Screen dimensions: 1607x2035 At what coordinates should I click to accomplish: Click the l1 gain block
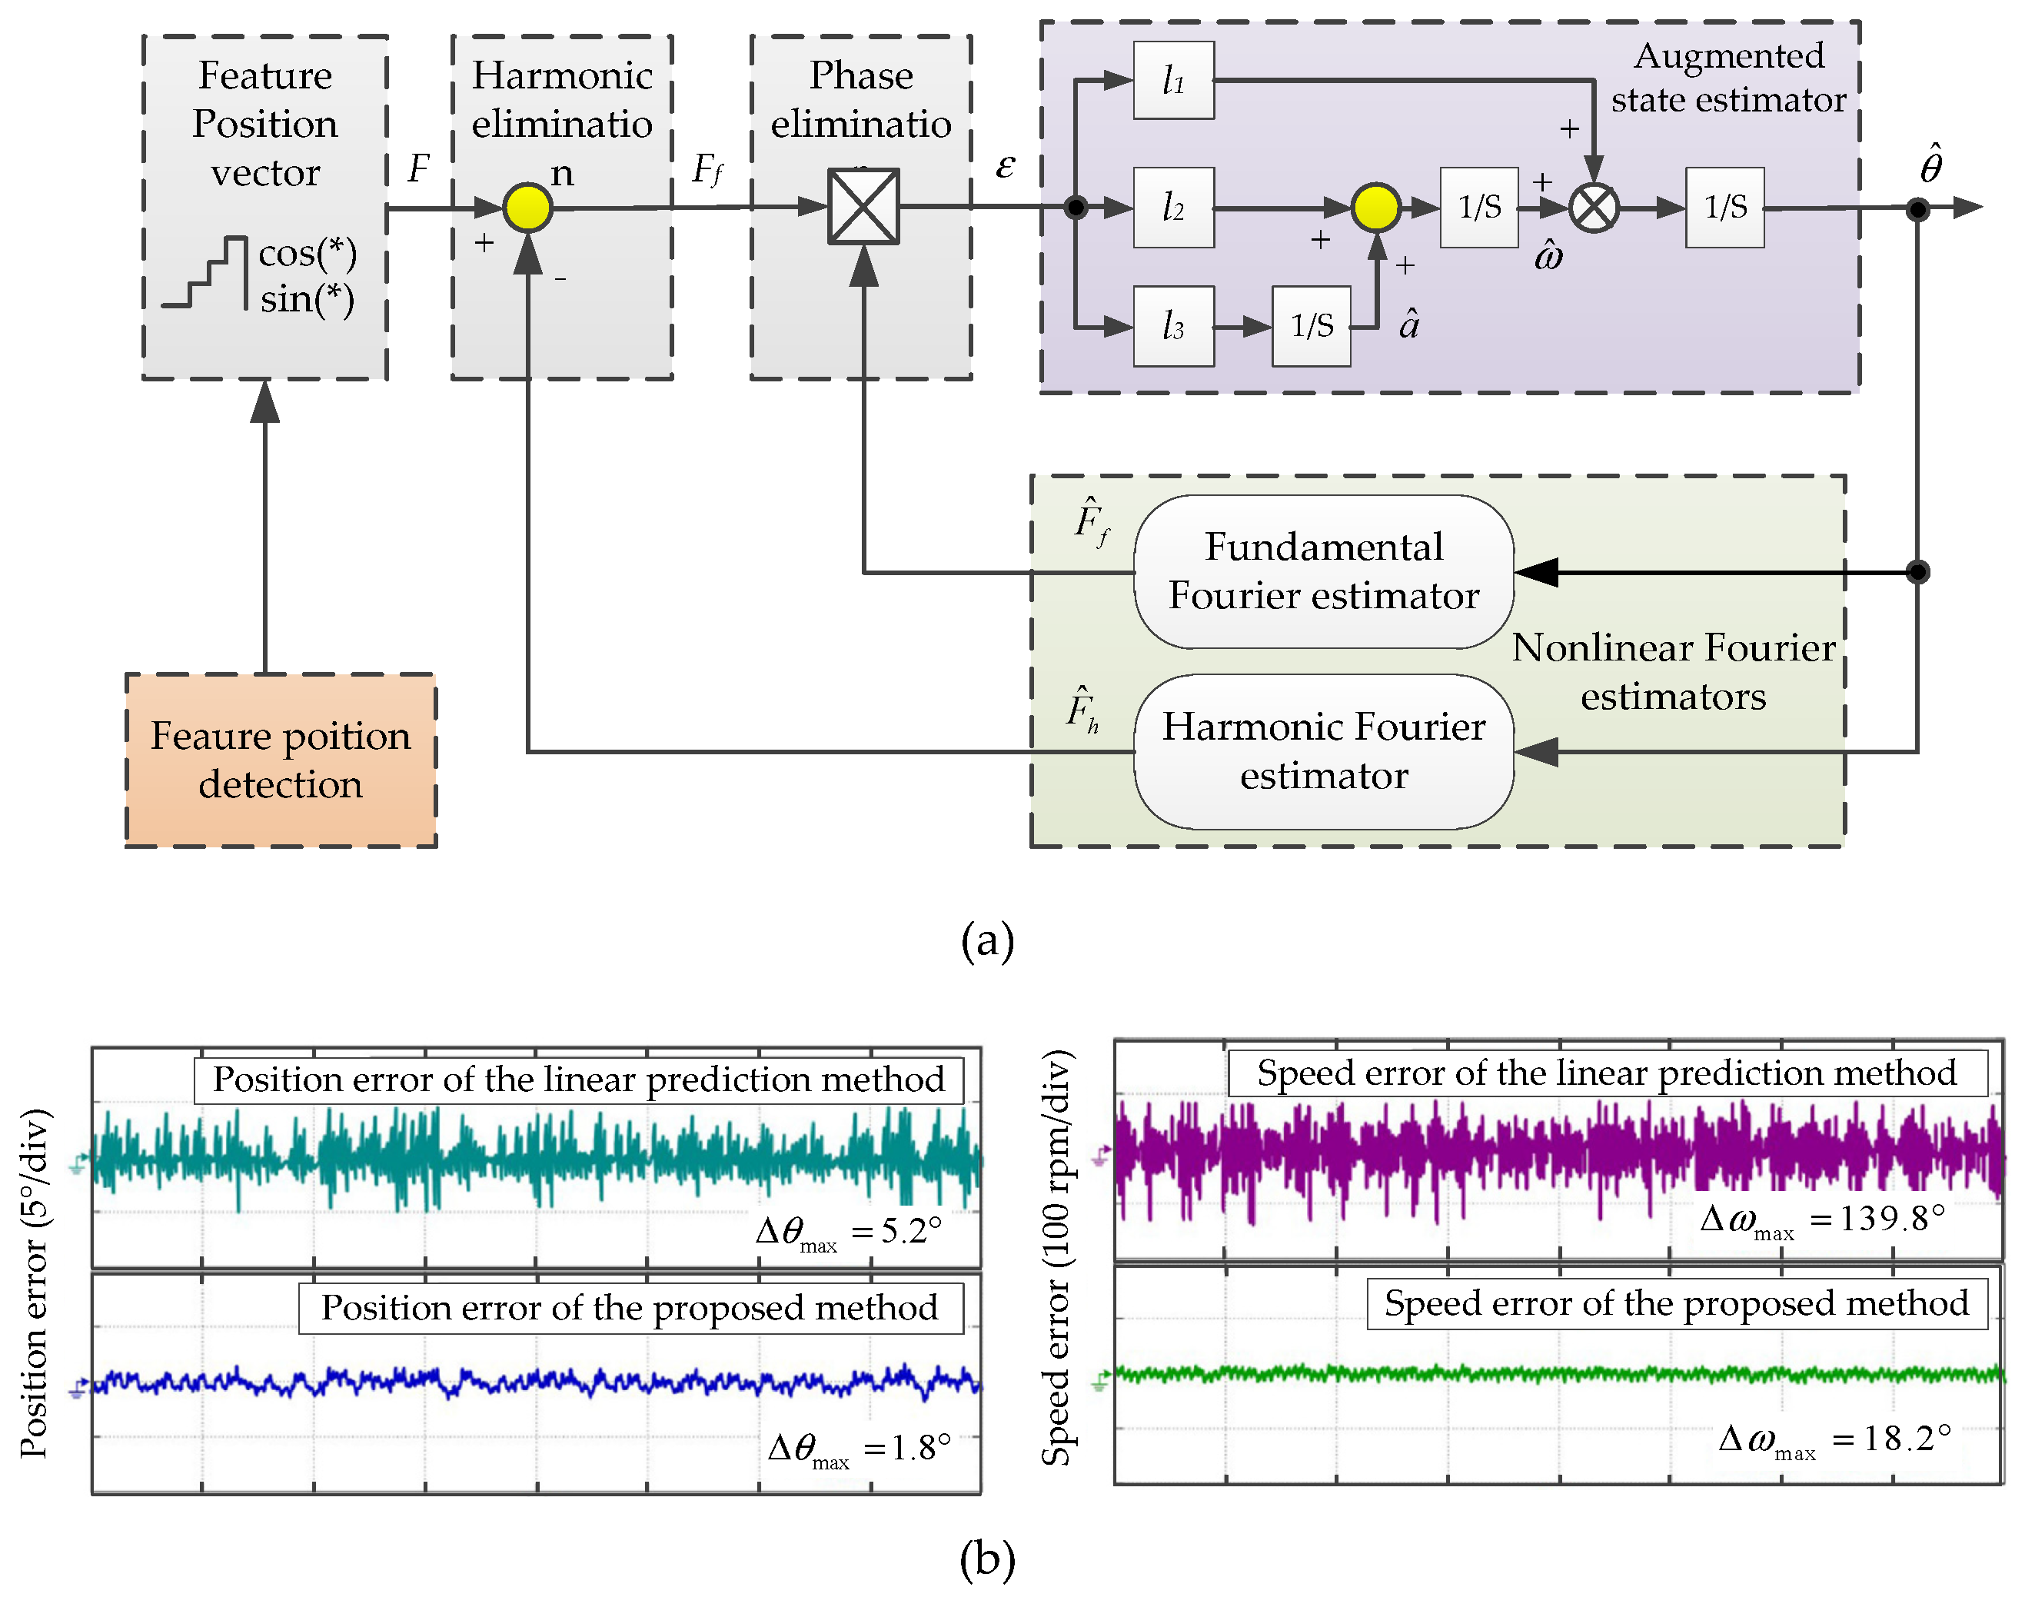pos(1173,81)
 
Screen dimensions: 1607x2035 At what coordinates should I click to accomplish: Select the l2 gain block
pos(1173,207)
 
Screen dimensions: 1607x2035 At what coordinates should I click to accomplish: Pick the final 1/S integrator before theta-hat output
pos(1724,207)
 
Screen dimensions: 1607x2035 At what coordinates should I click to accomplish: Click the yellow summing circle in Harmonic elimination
pos(527,207)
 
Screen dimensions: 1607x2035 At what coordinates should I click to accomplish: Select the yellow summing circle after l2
pos(1375,207)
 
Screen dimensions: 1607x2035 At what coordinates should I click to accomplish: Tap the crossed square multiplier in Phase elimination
pos(863,207)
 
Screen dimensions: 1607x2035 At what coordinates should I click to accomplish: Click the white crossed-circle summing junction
pos(1594,208)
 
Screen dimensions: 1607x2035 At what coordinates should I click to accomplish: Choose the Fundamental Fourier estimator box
pos(1323,571)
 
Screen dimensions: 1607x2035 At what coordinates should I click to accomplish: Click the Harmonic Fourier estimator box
pos(1323,750)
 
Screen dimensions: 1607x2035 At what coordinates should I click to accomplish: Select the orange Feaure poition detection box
pos(281,760)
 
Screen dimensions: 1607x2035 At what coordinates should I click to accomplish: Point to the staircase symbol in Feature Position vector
pos(204,273)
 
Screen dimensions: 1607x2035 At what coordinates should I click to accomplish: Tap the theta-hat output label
pos(1930,165)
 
